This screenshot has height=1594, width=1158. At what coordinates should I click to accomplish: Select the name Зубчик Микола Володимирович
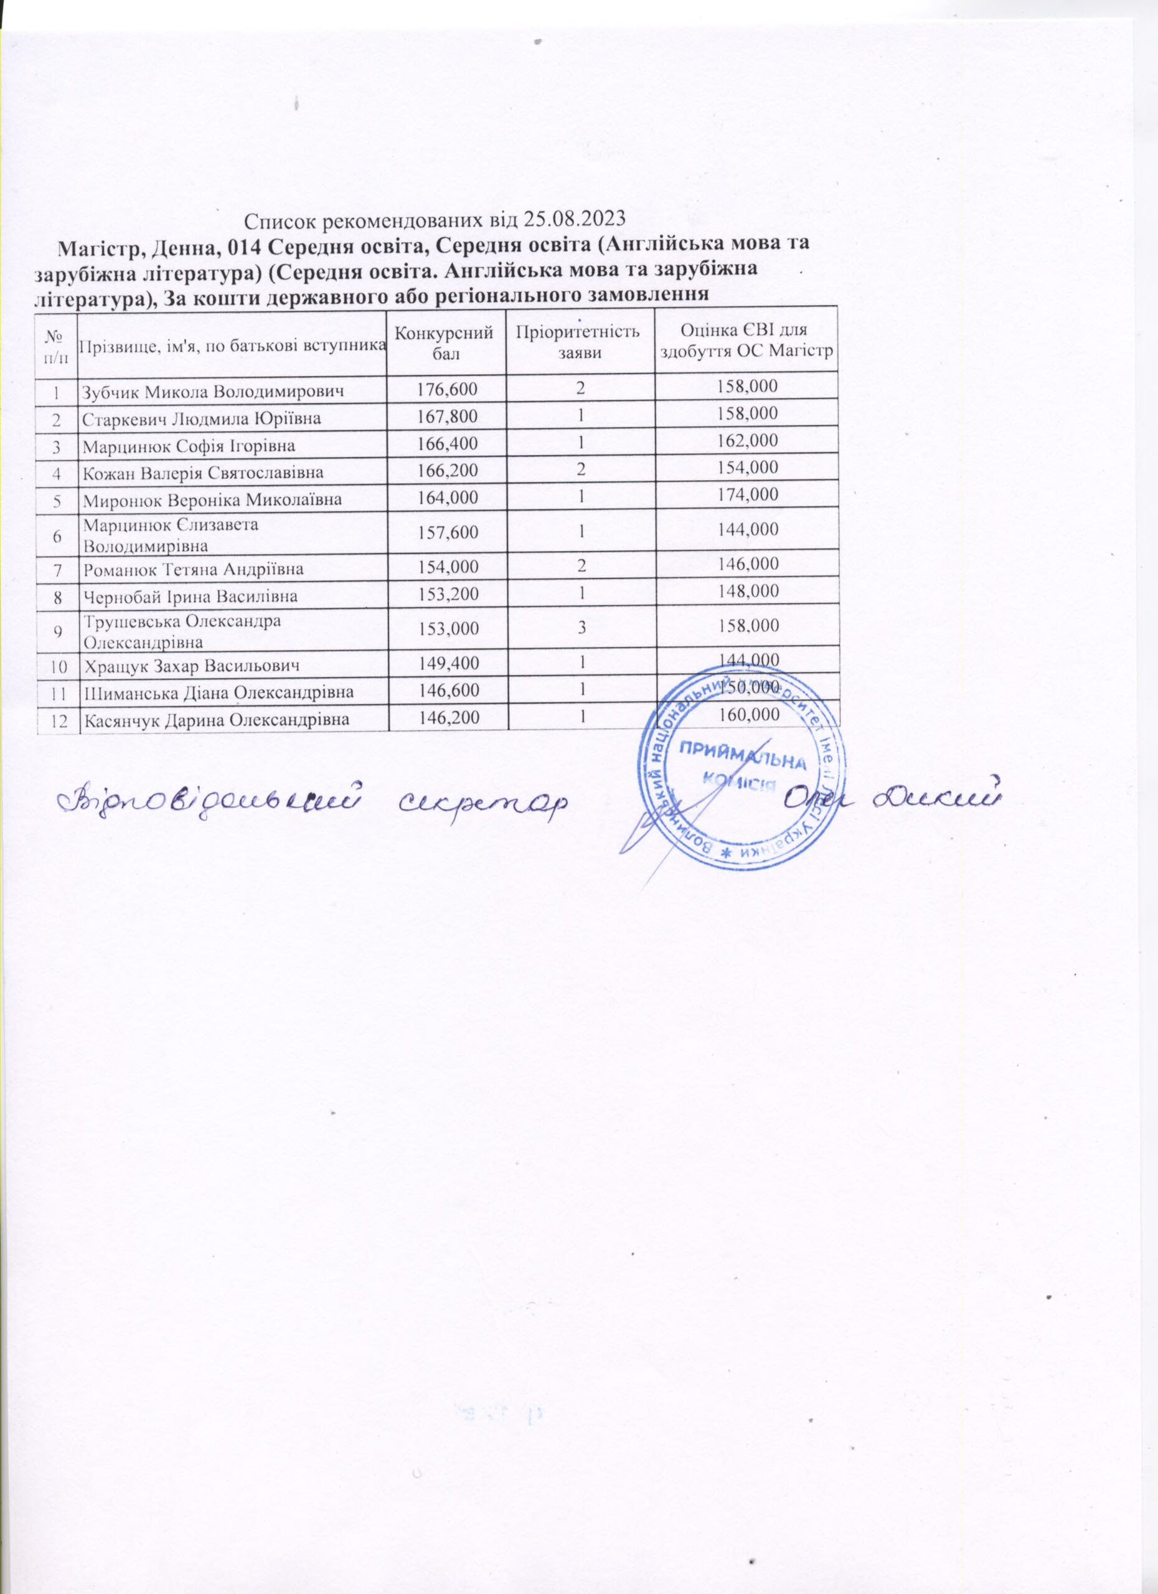pos(213,392)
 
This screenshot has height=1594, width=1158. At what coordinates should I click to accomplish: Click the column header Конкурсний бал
pos(447,342)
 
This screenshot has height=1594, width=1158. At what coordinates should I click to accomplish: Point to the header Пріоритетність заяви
pos(580,342)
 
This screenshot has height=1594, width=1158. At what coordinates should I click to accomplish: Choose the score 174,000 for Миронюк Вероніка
pos(746,496)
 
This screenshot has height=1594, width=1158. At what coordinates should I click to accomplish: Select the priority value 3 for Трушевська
pos(580,628)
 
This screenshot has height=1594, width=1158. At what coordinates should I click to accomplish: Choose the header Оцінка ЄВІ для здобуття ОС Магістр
pos(746,342)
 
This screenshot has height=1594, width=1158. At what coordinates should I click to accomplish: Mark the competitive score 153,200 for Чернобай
pos(447,596)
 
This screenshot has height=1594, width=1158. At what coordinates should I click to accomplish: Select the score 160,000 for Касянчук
pos(746,716)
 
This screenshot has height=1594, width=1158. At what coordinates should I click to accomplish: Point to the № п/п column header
pos(56,342)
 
